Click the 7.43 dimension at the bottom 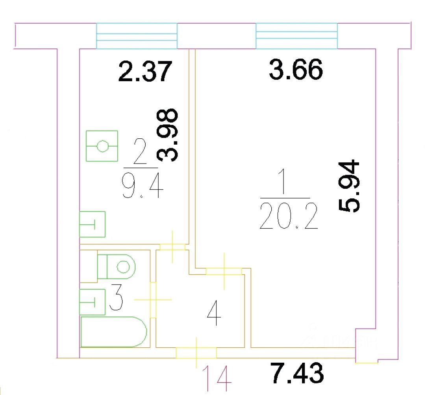point(298,374)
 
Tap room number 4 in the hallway point(213,313)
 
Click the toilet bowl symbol point(117,267)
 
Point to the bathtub point(113,332)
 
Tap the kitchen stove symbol point(102,146)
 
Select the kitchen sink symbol point(93,224)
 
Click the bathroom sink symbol point(93,302)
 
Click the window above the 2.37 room point(137,36)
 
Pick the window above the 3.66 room point(297,36)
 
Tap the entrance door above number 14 point(196,352)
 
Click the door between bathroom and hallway point(153,299)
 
